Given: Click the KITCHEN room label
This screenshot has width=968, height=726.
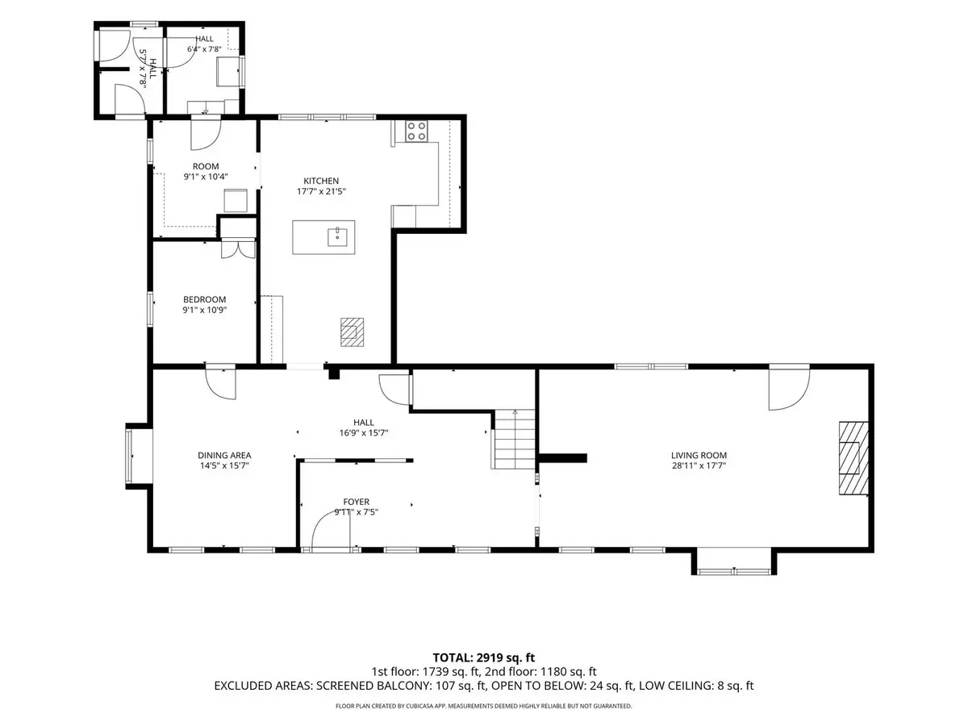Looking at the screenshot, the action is [x=321, y=181].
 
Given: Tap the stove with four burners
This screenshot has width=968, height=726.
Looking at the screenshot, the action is [x=416, y=131].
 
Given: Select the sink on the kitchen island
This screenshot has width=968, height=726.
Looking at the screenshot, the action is [x=337, y=237].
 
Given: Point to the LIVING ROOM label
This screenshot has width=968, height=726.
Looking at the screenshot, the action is [x=699, y=455].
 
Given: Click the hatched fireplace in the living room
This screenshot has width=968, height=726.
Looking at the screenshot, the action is [x=853, y=458].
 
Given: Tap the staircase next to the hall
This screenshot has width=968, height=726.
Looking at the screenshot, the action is [x=514, y=439].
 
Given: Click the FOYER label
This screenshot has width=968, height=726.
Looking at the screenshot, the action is [x=357, y=502].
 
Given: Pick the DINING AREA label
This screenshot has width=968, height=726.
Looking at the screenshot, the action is [x=224, y=455].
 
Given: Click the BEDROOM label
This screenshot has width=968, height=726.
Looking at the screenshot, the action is [x=205, y=300].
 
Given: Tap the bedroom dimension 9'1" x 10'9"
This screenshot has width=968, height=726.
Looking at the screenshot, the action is [x=205, y=310].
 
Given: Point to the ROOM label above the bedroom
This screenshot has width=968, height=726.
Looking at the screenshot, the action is [x=206, y=166].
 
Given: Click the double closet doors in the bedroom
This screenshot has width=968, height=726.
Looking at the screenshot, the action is [x=238, y=249].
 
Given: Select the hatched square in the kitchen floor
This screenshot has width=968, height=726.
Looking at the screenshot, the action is [x=352, y=332].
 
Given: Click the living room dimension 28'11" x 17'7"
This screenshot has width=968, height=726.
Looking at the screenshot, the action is [x=699, y=465].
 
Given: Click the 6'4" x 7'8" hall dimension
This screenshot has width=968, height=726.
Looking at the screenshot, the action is [x=204, y=49].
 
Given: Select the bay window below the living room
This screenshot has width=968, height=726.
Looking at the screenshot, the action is [x=734, y=562].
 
